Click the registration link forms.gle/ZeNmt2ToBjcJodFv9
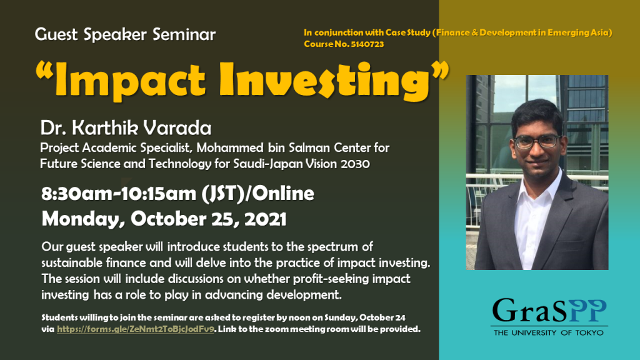(x=136, y=329)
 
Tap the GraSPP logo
(x=549, y=317)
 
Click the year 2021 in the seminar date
(x=265, y=219)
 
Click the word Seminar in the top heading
(x=184, y=35)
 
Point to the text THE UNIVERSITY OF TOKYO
(x=549, y=332)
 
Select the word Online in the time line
(x=283, y=194)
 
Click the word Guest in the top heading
(x=56, y=35)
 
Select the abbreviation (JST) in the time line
(x=223, y=194)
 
